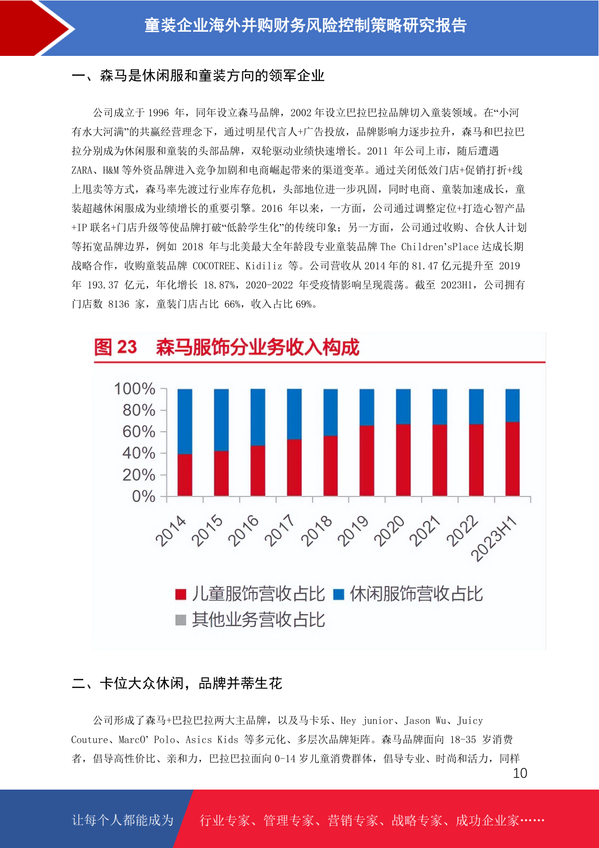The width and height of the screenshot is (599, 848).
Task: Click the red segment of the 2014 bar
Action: pyautogui.click(x=185, y=475)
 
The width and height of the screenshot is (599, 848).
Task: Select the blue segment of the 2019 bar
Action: pyautogui.click(x=367, y=407)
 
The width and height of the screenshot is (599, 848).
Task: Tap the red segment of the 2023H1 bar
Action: pyautogui.click(x=512, y=459)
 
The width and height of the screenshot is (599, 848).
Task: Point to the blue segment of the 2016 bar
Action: pyautogui.click(x=258, y=417)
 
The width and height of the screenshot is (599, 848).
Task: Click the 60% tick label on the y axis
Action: pyautogui.click(x=139, y=432)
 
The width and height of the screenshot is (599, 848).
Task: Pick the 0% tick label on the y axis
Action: pyautogui.click(x=143, y=497)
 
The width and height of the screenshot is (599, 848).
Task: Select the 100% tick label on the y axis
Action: pyautogui.click(x=135, y=389)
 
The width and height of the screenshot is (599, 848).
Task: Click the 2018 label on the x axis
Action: pyautogui.click(x=316, y=531)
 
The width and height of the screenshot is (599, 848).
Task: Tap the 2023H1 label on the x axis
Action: pyautogui.click(x=493, y=538)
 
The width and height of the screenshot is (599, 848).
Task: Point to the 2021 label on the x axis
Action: pyautogui.click(x=425, y=531)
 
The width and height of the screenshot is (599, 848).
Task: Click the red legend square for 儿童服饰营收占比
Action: pyautogui.click(x=181, y=594)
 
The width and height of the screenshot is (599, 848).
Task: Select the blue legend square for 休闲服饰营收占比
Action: pyautogui.click(x=338, y=594)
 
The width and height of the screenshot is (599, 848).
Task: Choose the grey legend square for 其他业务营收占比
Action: pyautogui.click(x=181, y=620)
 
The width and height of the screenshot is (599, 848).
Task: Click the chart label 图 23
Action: pyautogui.click(x=115, y=347)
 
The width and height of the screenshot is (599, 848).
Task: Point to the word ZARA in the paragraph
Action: pyautogui.click(x=82, y=170)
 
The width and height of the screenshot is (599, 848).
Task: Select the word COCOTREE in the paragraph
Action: pyautogui.click(x=214, y=266)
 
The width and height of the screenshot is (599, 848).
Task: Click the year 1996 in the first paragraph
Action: pyautogui.click(x=158, y=113)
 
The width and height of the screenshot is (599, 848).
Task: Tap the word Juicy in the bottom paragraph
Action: pyautogui.click(x=470, y=721)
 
